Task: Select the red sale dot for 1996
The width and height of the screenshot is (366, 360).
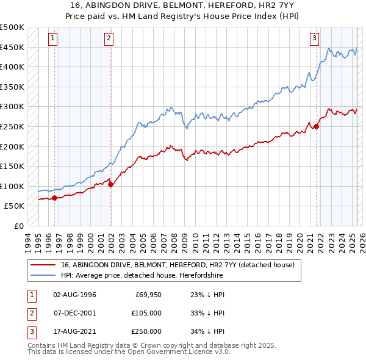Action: click(x=55, y=198)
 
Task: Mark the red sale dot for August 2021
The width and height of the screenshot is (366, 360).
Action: click(x=317, y=126)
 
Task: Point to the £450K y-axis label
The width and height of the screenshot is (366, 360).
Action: click(x=12, y=47)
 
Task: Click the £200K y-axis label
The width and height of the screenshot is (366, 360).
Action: click(x=12, y=146)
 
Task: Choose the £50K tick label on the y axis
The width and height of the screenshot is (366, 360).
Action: click(x=15, y=206)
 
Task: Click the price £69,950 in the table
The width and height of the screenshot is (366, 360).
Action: click(x=148, y=295)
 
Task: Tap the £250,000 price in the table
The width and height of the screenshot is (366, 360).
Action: click(x=146, y=331)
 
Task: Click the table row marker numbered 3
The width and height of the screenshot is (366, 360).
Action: click(x=31, y=331)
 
